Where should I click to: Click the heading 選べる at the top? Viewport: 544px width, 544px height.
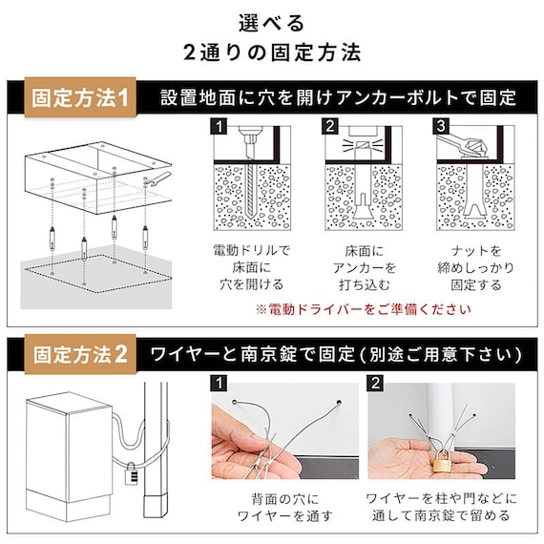pyautogui.click(x=271, y=21)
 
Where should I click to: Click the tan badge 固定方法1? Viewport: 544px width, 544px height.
pyautogui.click(x=82, y=97)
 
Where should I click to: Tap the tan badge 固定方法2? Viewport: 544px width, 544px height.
pyautogui.click(x=80, y=355)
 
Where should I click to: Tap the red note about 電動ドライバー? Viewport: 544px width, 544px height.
pyautogui.click(x=363, y=309)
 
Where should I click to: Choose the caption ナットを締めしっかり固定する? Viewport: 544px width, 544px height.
pyautogui.click(x=474, y=266)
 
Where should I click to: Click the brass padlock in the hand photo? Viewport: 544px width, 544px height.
pyautogui.click(x=443, y=464)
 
